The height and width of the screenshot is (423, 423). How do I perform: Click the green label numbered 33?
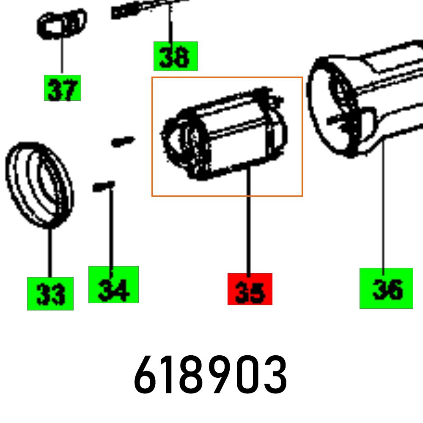(x=50, y=294)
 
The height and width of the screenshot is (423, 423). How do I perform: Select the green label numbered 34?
(x=113, y=285)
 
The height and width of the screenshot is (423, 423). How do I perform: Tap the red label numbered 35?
(x=250, y=289)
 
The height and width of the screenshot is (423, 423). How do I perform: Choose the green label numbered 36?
(x=386, y=288)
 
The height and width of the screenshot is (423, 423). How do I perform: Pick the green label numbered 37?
(x=62, y=88)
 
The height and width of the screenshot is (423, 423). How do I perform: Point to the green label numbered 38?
(x=175, y=56)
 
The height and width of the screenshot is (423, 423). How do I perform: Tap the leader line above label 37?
(x=62, y=55)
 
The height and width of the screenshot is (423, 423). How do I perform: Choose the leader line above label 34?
(x=112, y=228)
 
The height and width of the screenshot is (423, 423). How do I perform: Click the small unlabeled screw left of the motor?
(x=122, y=140)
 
